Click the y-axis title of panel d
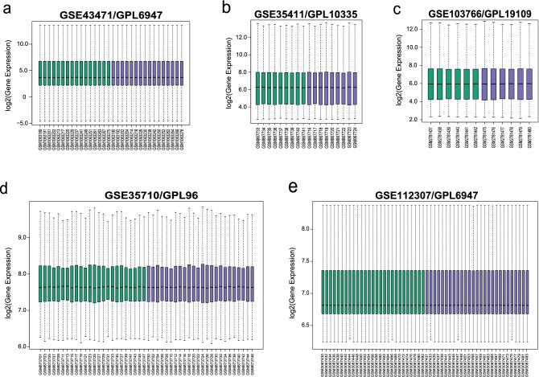tap(7, 277)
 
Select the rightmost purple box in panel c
tap(528, 84)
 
